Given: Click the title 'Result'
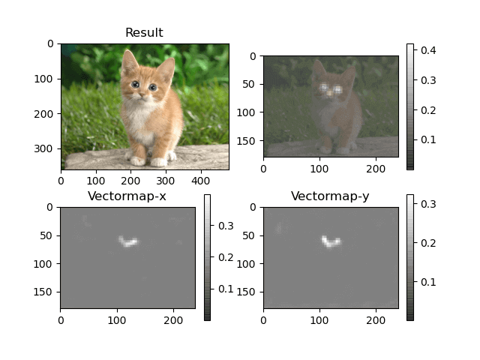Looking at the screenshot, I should pos(144,33).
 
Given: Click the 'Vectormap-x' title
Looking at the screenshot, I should pos(127,197).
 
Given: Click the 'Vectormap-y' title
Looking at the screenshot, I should pos(330,197).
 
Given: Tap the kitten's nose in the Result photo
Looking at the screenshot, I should pos(143,94).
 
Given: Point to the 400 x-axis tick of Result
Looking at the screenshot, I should pos(200,180).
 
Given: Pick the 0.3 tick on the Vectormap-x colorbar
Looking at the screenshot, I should pos(225,226).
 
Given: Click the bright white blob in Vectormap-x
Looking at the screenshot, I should pos(127,241).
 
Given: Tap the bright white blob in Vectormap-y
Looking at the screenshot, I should pos(331,241).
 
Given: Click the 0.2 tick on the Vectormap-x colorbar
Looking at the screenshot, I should pos(225,257).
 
